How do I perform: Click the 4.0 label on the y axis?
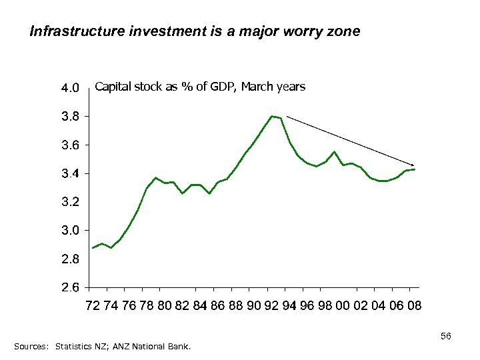click(70, 88)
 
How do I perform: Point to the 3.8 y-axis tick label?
click(70, 117)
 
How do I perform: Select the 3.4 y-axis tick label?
click(70, 174)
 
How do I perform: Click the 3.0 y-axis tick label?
click(70, 231)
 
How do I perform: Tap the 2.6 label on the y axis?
click(70, 288)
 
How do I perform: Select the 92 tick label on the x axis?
click(271, 306)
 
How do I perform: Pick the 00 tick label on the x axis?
click(343, 306)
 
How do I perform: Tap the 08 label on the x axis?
click(414, 306)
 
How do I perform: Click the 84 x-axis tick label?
click(200, 306)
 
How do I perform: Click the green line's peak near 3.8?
click(272, 116)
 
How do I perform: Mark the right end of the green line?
click(415, 169)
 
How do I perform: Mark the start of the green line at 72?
click(93, 247)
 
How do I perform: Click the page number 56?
click(446, 337)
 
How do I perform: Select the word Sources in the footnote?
click(31, 347)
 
